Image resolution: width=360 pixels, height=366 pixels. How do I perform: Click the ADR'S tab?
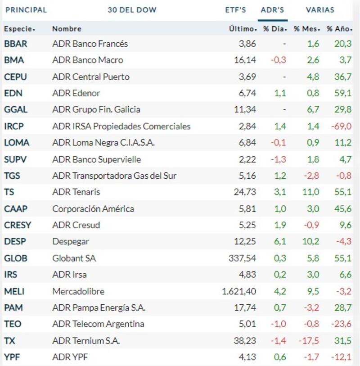[272, 10]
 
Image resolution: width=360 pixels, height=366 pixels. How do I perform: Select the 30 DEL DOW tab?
[132, 10]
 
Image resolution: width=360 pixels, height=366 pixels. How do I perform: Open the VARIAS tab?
[320, 10]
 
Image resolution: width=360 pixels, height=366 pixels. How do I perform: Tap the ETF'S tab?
[235, 10]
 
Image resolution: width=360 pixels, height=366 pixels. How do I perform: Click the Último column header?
[242, 29]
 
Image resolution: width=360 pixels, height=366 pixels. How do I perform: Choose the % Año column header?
[337, 29]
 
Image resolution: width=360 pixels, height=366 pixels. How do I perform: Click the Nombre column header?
[67, 29]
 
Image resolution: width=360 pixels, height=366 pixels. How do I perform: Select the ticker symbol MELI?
[14, 291]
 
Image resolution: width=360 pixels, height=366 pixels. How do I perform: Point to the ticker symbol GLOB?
[15, 258]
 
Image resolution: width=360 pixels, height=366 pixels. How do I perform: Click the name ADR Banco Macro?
[87, 60]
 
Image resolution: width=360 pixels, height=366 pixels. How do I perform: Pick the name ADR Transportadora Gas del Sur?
[114, 176]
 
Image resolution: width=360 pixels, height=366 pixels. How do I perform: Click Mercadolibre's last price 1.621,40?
[239, 291]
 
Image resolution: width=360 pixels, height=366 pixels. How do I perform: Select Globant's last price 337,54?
[243, 258]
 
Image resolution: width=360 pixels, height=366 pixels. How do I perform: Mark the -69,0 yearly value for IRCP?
[342, 126]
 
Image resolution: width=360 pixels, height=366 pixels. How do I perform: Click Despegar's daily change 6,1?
[280, 242]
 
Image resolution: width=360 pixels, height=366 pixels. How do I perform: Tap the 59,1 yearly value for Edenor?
[343, 93]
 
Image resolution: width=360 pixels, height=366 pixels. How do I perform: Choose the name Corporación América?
[93, 209]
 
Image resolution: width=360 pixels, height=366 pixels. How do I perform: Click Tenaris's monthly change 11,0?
[311, 192]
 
